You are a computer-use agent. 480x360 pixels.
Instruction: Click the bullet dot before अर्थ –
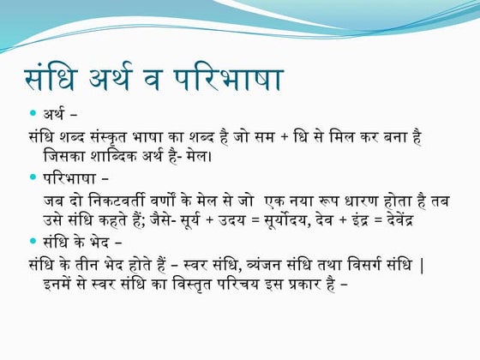coord(33,113)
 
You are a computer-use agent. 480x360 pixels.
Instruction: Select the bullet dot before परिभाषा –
coord(33,177)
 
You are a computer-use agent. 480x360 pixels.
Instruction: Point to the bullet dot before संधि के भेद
coord(33,243)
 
